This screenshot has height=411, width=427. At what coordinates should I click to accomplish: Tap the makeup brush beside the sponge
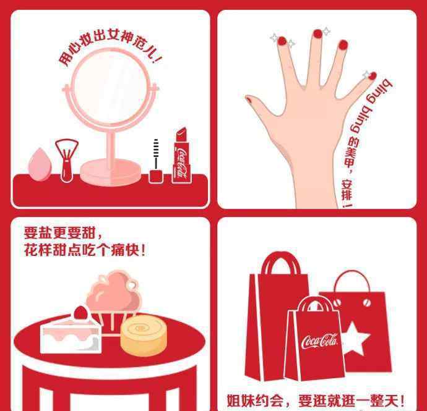pyautogui.click(x=67, y=161)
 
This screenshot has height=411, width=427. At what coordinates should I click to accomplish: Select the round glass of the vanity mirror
pyautogui.click(x=110, y=87)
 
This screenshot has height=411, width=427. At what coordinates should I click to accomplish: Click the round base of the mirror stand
pyautogui.click(x=110, y=172)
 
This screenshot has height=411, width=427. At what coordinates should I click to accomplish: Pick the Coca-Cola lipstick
pyautogui.click(x=181, y=156)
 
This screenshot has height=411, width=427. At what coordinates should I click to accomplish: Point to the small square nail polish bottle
pyautogui.click(x=156, y=176)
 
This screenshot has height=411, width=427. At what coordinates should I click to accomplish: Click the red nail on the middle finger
pyautogui.click(x=317, y=34)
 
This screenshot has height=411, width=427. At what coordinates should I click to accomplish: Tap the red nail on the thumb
pyautogui.click(x=249, y=100)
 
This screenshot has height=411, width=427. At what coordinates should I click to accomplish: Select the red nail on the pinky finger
pyautogui.click(x=373, y=76)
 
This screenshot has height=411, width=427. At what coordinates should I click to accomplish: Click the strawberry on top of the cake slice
pyautogui.click(x=80, y=313)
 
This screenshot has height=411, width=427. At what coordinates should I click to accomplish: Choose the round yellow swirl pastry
pyautogui.click(x=143, y=334)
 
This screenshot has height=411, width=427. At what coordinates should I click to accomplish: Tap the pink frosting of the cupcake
pyautogui.click(x=114, y=292)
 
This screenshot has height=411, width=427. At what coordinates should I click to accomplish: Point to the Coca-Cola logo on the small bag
pyautogui.click(x=320, y=341)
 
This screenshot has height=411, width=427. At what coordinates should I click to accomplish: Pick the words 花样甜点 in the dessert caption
pyautogui.click(x=53, y=250)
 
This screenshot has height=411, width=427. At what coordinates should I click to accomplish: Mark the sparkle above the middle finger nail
pyautogui.click(x=326, y=32)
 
